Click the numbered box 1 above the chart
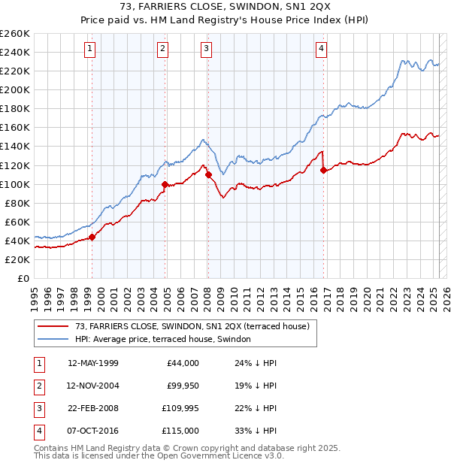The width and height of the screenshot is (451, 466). pyautogui.click(x=89, y=49)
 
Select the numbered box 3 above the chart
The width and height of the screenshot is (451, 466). pyautogui.click(x=206, y=49)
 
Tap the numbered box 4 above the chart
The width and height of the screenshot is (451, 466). pyautogui.click(x=321, y=49)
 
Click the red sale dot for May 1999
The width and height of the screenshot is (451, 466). pyautogui.click(x=92, y=237)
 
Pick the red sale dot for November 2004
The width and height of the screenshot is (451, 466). pyautogui.click(x=165, y=184)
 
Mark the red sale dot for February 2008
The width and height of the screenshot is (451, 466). pyautogui.click(x=208, y=175)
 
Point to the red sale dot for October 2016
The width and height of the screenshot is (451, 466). pyautogui.click(x=323, y=170)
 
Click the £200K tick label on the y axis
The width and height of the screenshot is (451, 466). pyautogui.click(x=15, y=89)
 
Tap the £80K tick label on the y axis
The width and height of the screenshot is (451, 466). pyautogui.click(x=17, y=203)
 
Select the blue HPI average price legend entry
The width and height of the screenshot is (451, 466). pyautogui.click(x=166, y=340)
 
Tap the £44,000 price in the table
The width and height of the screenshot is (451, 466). pyautogui.click(x=183, y=363)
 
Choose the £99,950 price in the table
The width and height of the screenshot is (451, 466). pyautogui.click(x=183, y=386)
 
